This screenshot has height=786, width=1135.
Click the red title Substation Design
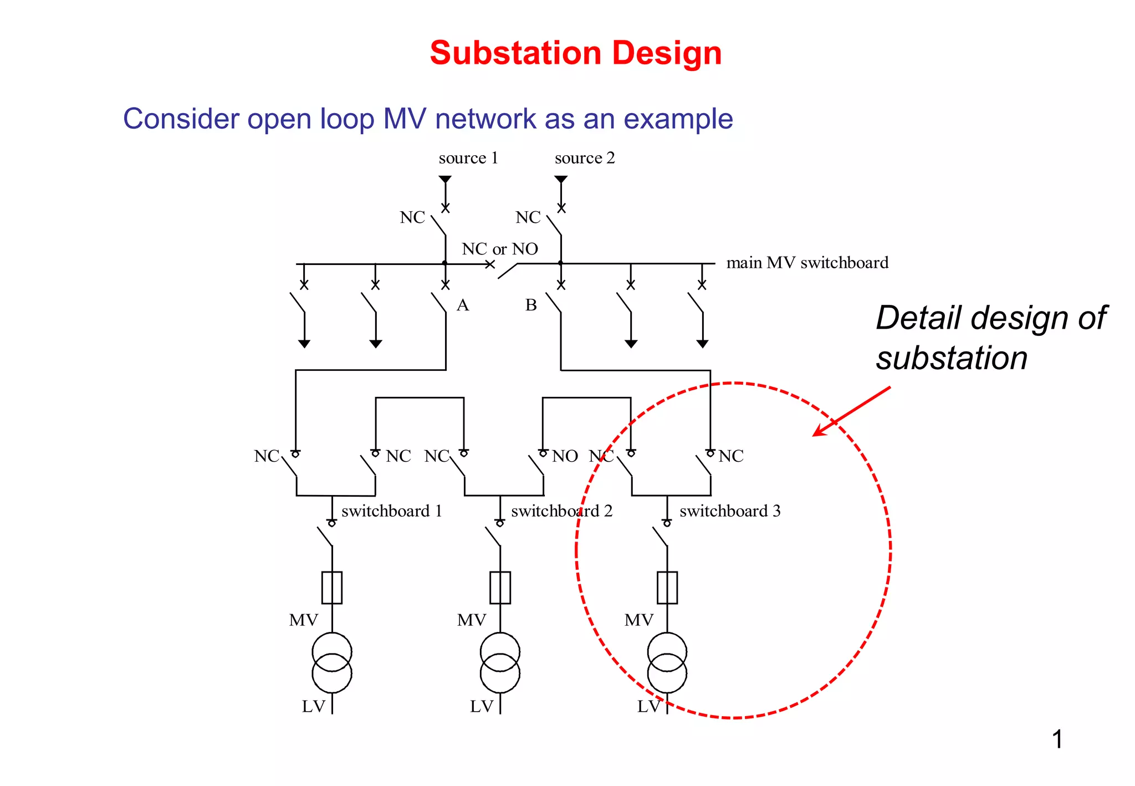point(575,53)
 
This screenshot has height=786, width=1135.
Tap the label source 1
point(468,159)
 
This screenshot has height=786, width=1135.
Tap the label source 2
point(585,159)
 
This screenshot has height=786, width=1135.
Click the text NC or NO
point(500,249)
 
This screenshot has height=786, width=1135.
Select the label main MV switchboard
point(807,263)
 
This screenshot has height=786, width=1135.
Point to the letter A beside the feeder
point(463,305)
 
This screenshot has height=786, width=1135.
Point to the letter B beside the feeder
point(531,305)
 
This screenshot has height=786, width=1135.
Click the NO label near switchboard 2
point(565,456)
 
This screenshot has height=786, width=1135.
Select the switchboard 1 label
point(392,511)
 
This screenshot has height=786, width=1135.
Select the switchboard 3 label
point(730,511)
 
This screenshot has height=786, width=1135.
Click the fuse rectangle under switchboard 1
point(332,588)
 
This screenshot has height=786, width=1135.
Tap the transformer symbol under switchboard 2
point(500,663)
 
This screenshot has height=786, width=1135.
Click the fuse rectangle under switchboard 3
point(667,588)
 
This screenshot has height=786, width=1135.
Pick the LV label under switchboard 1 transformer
point(313,707)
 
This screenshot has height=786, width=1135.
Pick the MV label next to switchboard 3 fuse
point(638,620)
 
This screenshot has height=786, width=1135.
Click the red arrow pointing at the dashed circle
point(851,411)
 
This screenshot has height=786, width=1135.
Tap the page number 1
point(1057,739)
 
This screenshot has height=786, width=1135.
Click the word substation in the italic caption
point(952,358)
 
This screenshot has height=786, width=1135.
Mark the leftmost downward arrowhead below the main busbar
point(304,344)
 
